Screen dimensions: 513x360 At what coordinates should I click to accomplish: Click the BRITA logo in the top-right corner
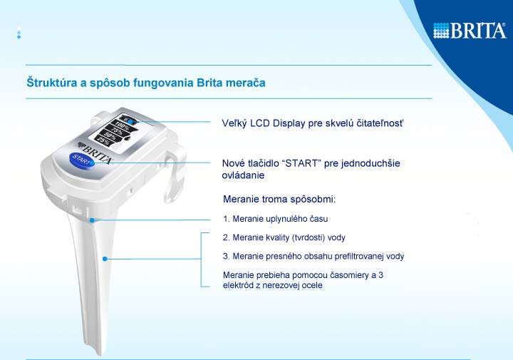470,31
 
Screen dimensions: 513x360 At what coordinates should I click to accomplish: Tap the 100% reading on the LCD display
122,126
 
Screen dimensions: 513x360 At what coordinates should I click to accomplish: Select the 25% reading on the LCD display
103,140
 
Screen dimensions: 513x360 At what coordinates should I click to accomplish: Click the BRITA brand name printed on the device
97,153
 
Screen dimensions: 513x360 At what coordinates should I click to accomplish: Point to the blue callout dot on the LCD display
130,122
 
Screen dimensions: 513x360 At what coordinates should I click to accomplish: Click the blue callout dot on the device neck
92,220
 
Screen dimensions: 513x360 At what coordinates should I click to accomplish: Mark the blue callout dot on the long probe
105,259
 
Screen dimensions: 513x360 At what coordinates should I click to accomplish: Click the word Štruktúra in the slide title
52,82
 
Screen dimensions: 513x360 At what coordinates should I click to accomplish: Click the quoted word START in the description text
301,163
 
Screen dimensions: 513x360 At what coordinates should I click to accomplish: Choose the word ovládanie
243,175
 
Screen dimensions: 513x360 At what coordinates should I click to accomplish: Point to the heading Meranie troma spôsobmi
279,199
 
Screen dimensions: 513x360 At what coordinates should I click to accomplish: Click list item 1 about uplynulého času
276,219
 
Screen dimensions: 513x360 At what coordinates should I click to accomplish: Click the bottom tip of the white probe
100,354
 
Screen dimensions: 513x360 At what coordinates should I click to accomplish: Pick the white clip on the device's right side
175,177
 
